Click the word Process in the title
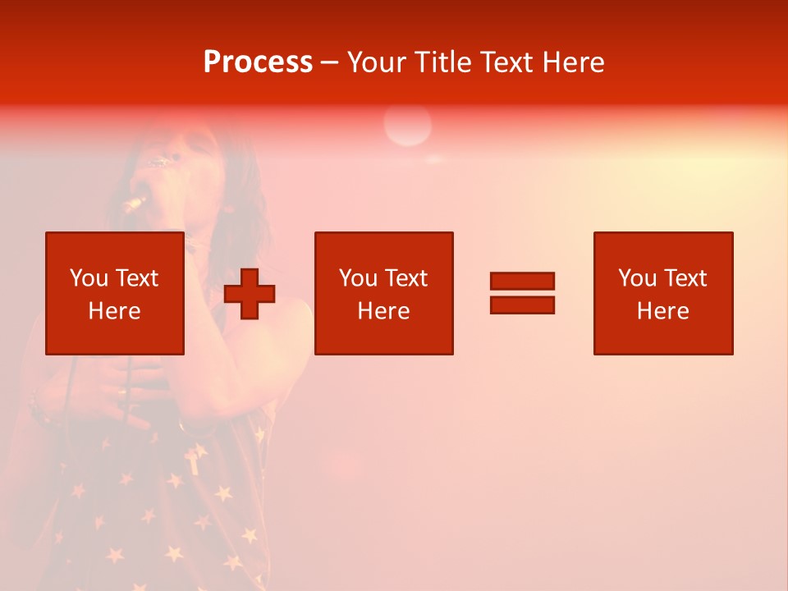pyautogui.click(x=258, y=62)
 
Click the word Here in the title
pyautogui.click(x=573, y=62)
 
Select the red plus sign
pyautogui.click(x=250, y=293)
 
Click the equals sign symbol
pyautogui.click(x=522, y=293)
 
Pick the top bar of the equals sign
pyautogui.click(x=522, y=281)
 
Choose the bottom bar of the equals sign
pyautogui.click(x=522, y=305)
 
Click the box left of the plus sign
pyautogui.click(x=114, y=293)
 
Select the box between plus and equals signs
pyautogui.click(x=383, y=293)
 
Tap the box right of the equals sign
pyautogui.click(x=662, y=293)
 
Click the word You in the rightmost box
pyautogui.click(x=638, y=278)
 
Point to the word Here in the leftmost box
pyautogui.click(x=114, y=311)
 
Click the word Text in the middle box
pyautogui.click(x=406, y=278)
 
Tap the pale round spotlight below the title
pyautogui.click(x=407, y=126)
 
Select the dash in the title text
pyautogui.click(x=330, y=62)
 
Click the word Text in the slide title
pyautogui.click(x=507, y=62)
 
